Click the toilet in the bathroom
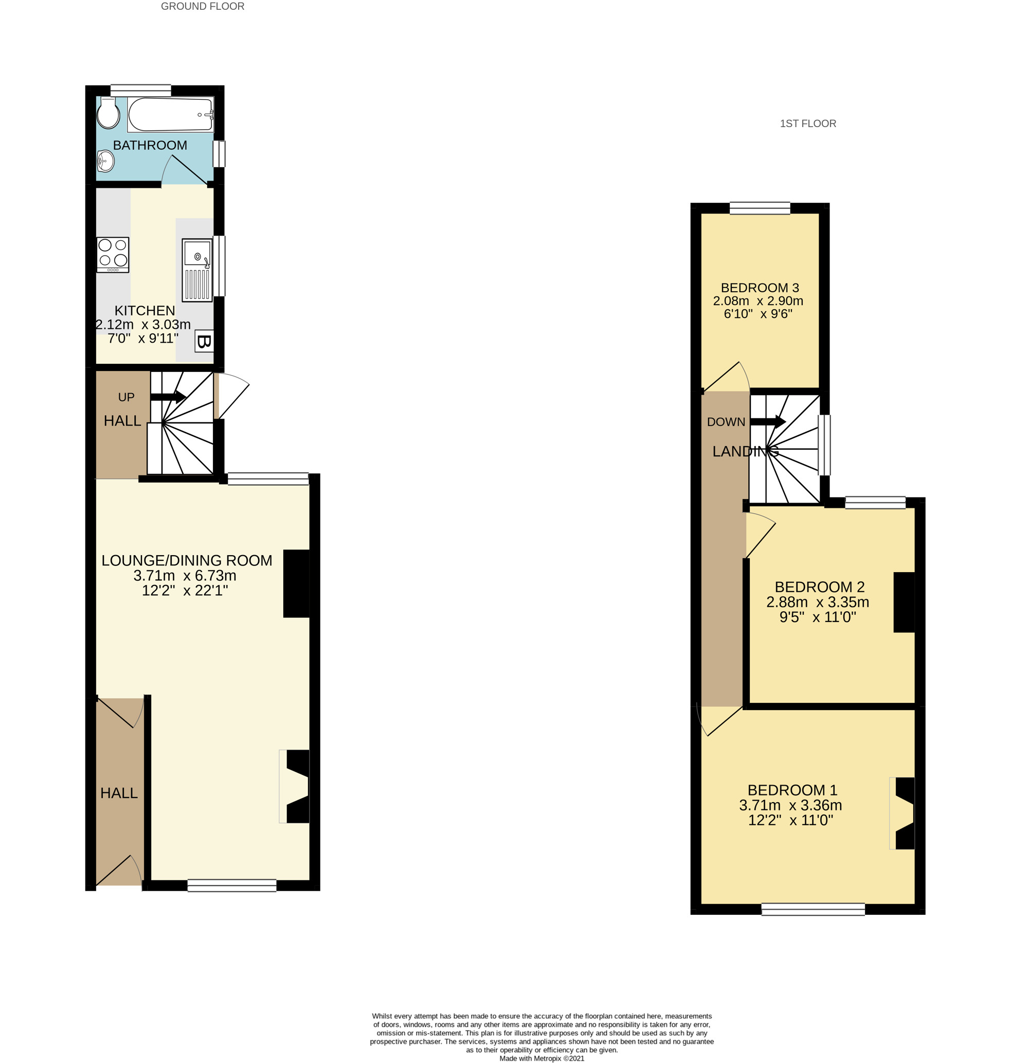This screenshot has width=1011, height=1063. [x=109, y=113]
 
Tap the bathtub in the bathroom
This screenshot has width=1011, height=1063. [x=170, y=114]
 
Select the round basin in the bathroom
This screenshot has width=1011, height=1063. [x=105, y=161]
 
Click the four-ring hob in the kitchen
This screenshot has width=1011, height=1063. [x=113, y=254]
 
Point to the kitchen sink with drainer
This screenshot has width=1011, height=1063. [x=197, y=270]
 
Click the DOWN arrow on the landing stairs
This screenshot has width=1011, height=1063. [x=767, y=422]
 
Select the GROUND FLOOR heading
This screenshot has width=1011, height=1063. [x=203, y=7]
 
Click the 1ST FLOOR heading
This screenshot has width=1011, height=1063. [x=808, y=123]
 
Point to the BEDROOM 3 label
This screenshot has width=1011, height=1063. [x=760, y=288]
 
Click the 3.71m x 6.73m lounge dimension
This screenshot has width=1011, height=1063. [x=185, y=576]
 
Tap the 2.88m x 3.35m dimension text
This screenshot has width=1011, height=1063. [x=818, y=603]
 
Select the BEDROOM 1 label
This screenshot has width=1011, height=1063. [x=792, y=790]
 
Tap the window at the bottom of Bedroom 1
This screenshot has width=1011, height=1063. [x=813, y=910]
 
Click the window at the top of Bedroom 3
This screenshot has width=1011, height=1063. [x=760, y=208]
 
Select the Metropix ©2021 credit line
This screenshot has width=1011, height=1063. [x=541, y=1058]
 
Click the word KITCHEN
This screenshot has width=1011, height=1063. [x=145, y=311]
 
